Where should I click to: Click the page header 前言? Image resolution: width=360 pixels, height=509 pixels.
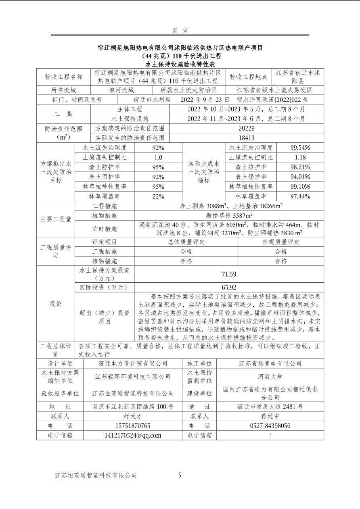click(x=180, y=31)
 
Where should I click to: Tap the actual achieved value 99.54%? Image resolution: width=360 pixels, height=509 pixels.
click(x=300, y=148)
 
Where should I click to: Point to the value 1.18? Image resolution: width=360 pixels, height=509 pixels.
click(x=300, y=157)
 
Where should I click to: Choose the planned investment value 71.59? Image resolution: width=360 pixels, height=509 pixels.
click(x=229, y=274)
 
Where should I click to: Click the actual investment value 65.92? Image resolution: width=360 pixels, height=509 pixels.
click(x=229, y=288)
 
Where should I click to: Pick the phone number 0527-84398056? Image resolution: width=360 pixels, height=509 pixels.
click(x=270, y=426)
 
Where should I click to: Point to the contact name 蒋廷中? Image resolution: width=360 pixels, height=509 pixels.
click(x=270, y=416)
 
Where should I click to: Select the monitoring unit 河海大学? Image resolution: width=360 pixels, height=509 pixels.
click(x=270, y=377)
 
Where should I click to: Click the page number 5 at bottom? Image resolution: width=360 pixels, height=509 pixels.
click(x=180, y=475)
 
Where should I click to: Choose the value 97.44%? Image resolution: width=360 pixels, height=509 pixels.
click(x=300, y=196)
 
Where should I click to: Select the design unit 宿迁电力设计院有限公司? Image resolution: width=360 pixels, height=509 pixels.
click(x=133, y=363)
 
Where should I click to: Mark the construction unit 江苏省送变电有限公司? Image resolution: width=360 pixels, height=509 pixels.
click(x=270, y=363)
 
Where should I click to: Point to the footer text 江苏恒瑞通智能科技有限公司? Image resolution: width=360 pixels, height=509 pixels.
click(x=96, y=476)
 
